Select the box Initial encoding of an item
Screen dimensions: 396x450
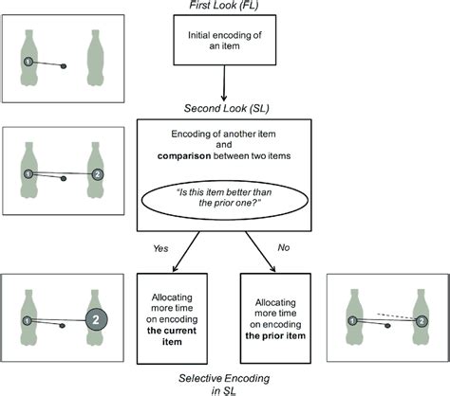point(225,43)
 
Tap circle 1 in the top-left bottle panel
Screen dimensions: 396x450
point(29,63)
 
